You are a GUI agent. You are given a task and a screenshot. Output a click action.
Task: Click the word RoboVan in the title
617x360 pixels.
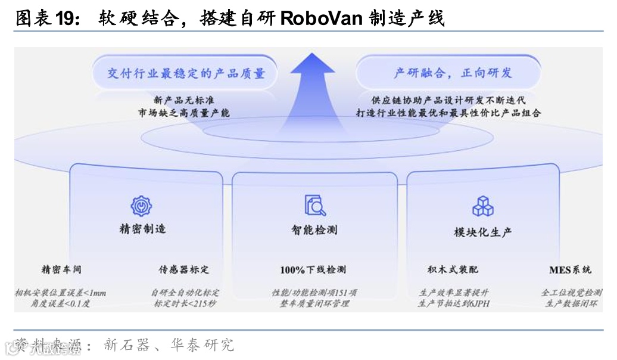(x=320, y=18)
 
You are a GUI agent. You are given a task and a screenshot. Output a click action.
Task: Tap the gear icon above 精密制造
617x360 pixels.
(x=142, y=206)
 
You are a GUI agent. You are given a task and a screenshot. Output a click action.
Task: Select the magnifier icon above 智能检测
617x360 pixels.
(x=315, y=205)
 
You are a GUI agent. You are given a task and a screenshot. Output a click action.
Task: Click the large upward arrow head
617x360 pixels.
(x=311, y=66)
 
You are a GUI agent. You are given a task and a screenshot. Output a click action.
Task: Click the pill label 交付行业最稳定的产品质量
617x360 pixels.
(x=186, y=74)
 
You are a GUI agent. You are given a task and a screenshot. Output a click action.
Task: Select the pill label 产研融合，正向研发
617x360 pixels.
(x=453, y=73)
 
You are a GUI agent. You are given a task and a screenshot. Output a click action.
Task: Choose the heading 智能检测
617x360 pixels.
(x=314, y=230)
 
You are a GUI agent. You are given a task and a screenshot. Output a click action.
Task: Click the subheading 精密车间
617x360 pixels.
(x=61, y=269)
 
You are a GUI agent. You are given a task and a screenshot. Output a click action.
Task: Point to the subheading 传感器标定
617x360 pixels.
(x=184, y=269)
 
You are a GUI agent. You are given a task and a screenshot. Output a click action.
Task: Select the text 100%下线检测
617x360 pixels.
(x=313, y=270)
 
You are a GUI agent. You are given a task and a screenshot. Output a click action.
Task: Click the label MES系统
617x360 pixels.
(x=570, y=269)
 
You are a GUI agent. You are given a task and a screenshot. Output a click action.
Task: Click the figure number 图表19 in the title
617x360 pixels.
(x=45, y=18)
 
